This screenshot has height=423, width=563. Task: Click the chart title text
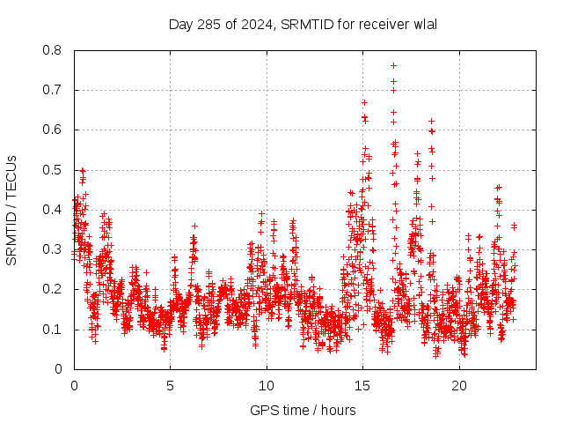pos(303,24)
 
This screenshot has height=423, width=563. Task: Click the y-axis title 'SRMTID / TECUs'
pos(11,210)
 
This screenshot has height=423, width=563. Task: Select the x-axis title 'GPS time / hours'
pos(303,410)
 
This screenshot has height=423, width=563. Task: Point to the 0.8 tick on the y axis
pos(54,50)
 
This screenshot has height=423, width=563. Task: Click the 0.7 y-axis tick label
pos(54,90)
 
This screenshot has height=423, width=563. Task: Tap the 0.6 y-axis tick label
pos(54,130)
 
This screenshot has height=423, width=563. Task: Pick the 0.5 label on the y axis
pos(54,170)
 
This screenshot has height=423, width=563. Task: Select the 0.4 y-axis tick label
pos(54,210)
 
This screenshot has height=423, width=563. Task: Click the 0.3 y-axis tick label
pos(54,249)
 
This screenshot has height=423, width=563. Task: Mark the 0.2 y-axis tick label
pos(54,289)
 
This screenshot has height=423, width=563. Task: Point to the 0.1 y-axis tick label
pos(54,330)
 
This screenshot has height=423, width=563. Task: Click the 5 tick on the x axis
pos(171,386)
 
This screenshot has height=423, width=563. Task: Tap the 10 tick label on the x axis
pos(267,386)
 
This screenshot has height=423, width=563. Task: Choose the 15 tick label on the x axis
pos(363,386)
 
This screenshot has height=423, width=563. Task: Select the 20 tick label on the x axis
pos(459,386)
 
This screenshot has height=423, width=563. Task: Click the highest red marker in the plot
pos(393,65)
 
